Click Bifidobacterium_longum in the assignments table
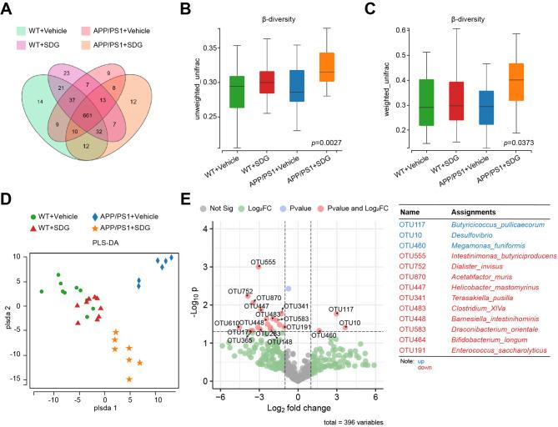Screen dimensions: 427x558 point(487,338)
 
